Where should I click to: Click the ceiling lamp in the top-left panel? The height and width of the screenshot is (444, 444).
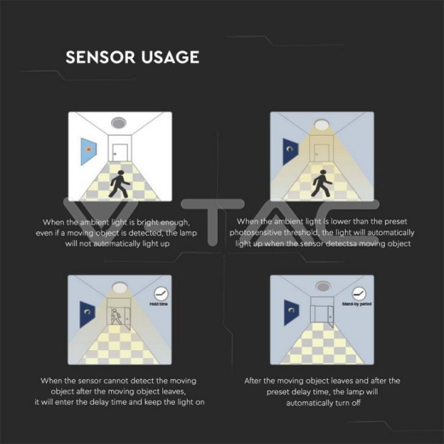(x=120, y=120)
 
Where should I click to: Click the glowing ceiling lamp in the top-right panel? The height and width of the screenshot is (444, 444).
(x=322, y=120)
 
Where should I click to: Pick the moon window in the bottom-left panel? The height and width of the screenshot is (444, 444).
(x=86, y=313)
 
